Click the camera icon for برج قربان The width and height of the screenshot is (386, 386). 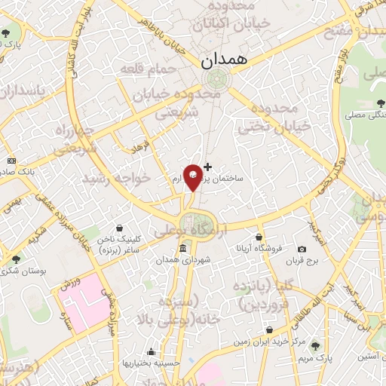[302, 250]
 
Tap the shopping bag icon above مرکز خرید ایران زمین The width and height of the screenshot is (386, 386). [268, 331]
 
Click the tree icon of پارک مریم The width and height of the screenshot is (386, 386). [316, 346]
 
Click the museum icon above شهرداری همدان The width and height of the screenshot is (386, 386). [183, 249]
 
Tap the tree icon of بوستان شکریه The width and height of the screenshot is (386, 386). [16, 259]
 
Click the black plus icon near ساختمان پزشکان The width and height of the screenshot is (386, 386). [208, 166]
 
